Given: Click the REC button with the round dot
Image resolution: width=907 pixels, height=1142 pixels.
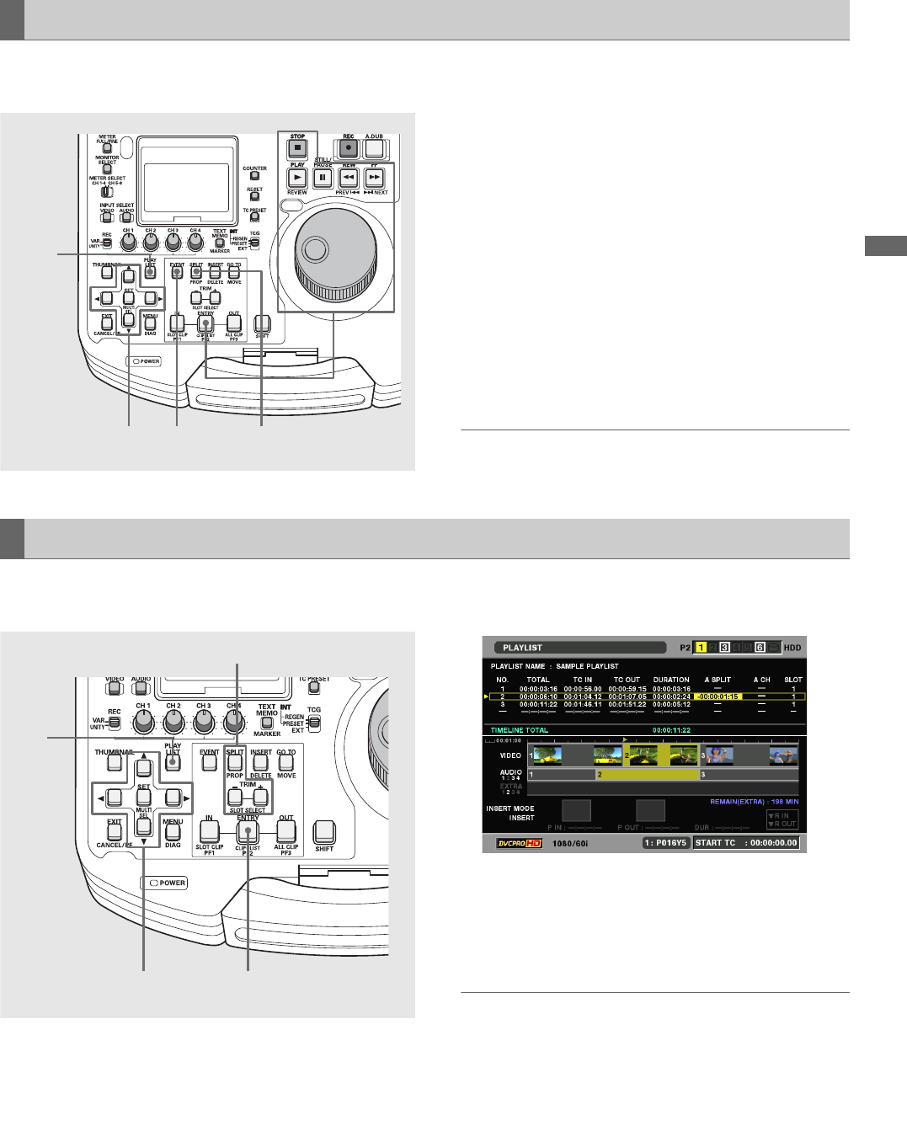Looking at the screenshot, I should pos(349,149).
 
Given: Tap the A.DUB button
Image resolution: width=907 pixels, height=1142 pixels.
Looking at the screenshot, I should pos(374,149).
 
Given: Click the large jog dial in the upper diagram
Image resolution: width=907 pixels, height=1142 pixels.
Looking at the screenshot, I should pos(334,250).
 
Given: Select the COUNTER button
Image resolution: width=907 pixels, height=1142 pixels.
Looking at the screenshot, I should pos(254,176).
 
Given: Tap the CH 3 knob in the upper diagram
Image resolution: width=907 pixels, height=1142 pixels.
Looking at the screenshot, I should pos(173,243).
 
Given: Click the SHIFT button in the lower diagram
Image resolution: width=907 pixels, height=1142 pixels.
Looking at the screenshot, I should pos(324,832).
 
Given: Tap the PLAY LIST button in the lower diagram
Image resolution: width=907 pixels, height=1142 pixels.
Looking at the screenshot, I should pos(173,762).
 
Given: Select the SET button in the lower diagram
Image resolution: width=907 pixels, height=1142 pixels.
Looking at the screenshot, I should pos(144,797).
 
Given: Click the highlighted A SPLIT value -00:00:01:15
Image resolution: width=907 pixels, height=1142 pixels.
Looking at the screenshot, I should pos(718,696).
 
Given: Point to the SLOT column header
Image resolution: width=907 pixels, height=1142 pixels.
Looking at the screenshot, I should pos(792,680).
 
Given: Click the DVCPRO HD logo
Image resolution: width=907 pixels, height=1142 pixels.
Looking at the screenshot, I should pos(518,843).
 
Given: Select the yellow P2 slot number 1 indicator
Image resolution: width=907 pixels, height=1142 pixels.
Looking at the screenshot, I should pos(701,648).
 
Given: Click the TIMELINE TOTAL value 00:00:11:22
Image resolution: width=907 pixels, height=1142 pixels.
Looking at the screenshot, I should pos(671,730).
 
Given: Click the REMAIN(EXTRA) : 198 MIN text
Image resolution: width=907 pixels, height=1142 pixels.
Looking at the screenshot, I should pos(754,802).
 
